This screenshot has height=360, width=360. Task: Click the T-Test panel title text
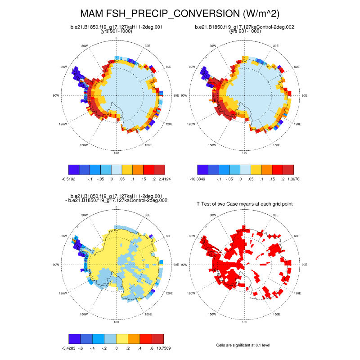tap(245, 204)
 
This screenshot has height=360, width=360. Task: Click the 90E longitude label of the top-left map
tap(176, 95)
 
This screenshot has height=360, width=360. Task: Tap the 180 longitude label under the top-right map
tap(245, 153)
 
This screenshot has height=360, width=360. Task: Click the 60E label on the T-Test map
tap(297, 235)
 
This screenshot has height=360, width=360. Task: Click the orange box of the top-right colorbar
tap(267, 169)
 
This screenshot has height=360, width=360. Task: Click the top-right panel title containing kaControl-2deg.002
tap(245, 27)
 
